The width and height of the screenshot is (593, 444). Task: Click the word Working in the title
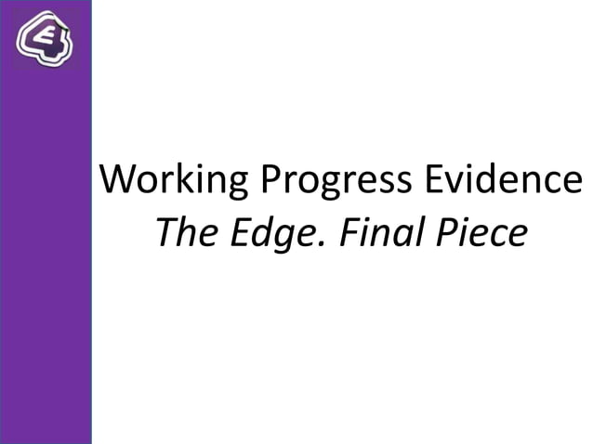pyautogui.click(x=174, y=179)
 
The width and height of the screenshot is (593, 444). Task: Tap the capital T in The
pyautogui.click(x=165, y=233)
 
